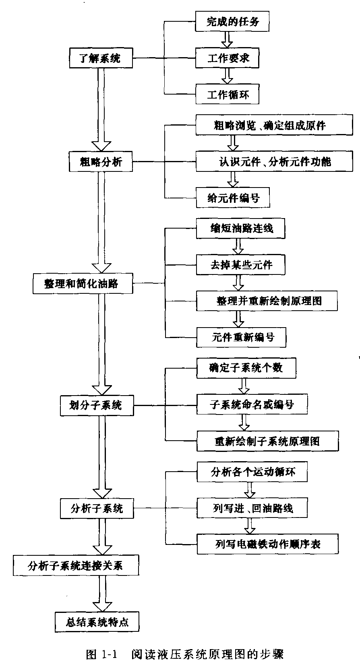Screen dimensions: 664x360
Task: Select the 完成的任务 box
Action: (x=232, y=21)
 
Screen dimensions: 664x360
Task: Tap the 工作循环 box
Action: (x=227, y=95)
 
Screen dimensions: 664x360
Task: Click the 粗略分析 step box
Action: (x=100, y=162)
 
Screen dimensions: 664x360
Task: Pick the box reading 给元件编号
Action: (x=233, y=198)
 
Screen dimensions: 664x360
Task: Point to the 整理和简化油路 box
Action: (x=82, y=283)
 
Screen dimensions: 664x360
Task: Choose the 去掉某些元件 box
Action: (x=241, y=265)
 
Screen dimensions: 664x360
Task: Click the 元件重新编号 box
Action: (x=241, y=337)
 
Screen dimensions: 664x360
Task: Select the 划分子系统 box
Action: (x=96, y=405)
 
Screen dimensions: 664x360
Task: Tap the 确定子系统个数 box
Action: (x=246, y=367)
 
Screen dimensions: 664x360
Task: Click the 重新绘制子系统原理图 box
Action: (x=267, y=441)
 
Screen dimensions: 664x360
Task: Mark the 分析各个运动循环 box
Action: (x=252, y=472)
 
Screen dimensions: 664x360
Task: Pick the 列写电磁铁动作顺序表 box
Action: (x=267, y=544)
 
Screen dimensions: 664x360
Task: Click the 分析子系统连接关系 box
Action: (x=76, y=566)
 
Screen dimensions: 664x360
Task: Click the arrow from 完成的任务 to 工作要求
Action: (x=227, y=39)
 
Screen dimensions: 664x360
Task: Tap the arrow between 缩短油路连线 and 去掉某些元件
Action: (x=238, y=246)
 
